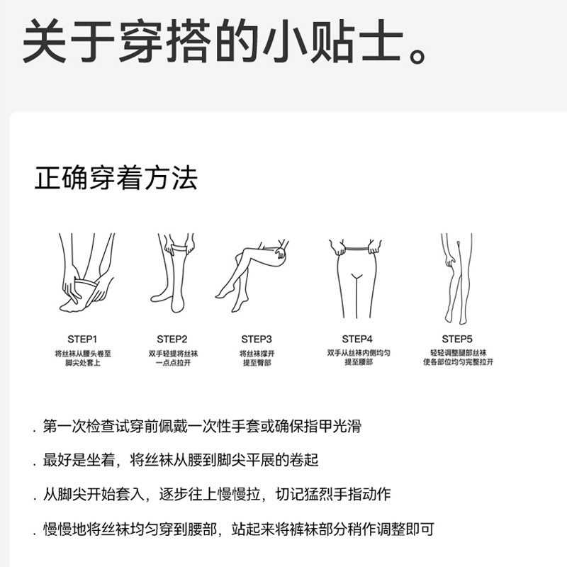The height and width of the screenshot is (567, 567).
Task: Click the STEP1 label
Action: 82,339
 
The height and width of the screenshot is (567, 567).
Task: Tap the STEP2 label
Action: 172,339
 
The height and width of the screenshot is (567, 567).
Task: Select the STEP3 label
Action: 257,339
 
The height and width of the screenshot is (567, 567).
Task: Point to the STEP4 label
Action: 357,339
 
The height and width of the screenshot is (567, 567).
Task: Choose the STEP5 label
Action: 457,339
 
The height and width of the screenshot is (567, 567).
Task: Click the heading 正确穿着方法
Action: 116,178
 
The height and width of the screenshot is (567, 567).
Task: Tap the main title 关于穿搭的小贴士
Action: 213,40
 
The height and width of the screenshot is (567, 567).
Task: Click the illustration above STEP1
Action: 86,273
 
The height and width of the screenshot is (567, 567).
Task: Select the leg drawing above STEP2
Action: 172,273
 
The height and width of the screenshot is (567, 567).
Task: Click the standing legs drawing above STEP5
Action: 456,279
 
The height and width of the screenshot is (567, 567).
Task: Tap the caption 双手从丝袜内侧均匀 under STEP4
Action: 359,352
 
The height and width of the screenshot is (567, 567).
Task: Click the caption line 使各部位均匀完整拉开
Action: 458,362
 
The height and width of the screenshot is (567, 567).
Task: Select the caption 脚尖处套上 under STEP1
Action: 83,363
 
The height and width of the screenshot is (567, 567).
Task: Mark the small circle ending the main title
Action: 417,57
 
